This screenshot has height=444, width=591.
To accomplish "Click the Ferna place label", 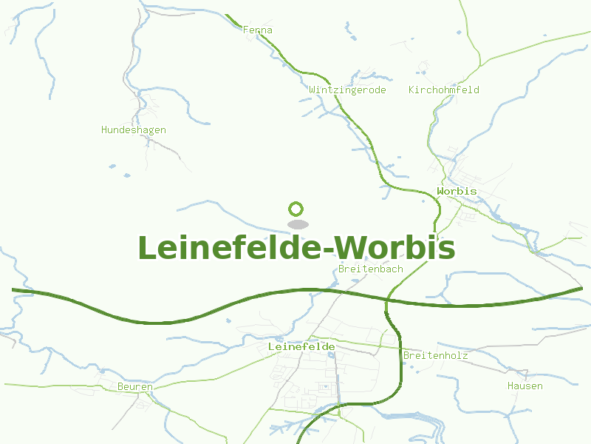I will tap(258, 30).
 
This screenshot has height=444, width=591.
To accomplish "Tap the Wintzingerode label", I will tap(347, 90).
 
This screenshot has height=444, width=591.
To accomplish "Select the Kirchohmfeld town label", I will tap(443, 90).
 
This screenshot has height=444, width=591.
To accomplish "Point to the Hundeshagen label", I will tap(133, 130).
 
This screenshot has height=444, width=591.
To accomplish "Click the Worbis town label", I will tap(457, 192).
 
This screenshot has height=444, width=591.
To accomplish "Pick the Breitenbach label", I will tap(370, 269).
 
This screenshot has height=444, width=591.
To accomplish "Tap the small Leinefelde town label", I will tap(301, 346).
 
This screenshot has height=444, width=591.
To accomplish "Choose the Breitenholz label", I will tap(435, 356).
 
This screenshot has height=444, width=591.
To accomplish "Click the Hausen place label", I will tap(525, 386).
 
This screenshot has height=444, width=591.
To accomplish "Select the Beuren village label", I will tap(134, 387).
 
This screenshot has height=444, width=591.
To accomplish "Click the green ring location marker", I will tap(296, 209).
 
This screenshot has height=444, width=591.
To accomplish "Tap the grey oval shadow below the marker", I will tap(297, 224).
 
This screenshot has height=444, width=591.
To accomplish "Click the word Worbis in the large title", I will tap(400, 248).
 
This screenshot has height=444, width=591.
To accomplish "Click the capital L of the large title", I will tap(146, 248).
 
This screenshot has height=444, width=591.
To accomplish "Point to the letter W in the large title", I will tap(360, 248).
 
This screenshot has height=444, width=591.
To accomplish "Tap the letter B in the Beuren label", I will tap(120, 387).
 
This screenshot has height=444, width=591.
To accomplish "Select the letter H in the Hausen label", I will tap(510, 386).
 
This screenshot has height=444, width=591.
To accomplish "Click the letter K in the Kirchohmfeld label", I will tap(411, 90).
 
